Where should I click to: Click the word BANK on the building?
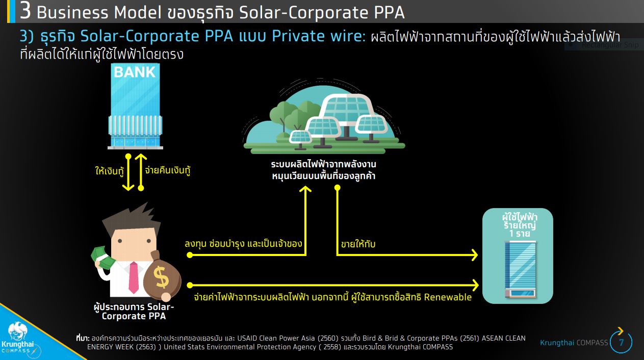135,72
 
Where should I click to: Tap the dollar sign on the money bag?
161,277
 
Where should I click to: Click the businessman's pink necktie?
134,277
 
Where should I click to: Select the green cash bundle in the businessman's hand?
102,258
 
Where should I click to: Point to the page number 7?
621,342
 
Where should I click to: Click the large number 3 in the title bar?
25,11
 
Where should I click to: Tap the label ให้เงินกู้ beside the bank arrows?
110,171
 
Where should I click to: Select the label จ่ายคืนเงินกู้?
168,170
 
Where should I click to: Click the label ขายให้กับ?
358,244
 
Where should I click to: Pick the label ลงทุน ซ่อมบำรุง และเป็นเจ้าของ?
243,244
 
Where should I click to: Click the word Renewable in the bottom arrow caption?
448,297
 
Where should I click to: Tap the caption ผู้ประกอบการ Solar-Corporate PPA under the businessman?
134,311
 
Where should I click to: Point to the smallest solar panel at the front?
300,136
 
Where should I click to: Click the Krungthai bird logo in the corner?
18,331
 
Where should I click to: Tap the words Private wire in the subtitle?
319,36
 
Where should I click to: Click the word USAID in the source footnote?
247,338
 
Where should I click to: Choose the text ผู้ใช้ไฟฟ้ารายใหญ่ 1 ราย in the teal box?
519,225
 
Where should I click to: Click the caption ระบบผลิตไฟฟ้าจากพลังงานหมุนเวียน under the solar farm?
324,170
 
